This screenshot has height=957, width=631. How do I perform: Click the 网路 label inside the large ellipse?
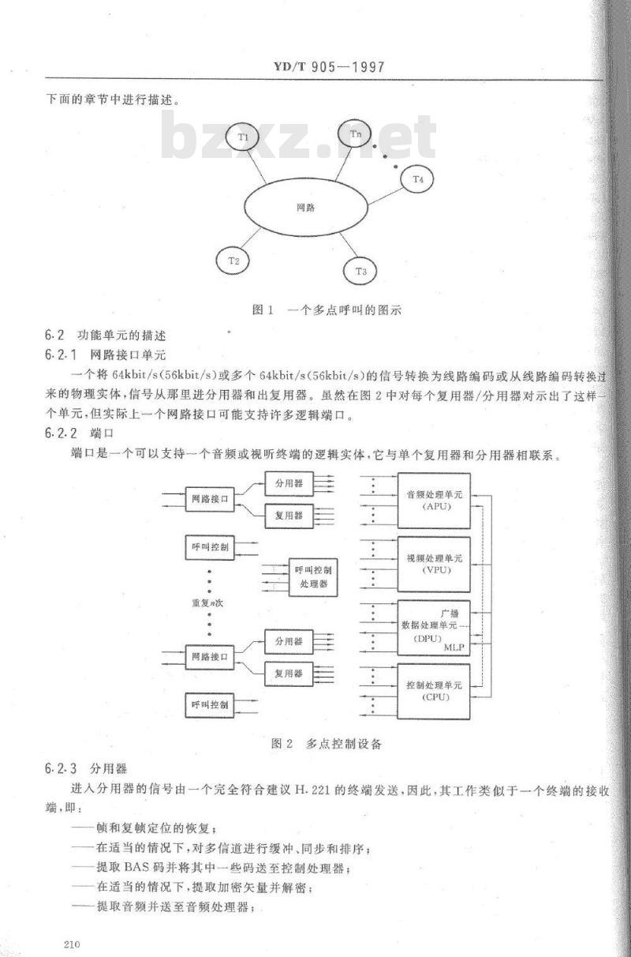305,208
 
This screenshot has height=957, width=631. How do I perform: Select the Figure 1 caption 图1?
263,310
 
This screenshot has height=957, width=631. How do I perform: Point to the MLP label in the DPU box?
454,647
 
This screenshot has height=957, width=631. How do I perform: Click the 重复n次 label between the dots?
207,603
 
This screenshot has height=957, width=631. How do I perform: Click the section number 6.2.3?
61,769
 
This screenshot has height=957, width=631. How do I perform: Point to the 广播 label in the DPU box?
450,614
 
